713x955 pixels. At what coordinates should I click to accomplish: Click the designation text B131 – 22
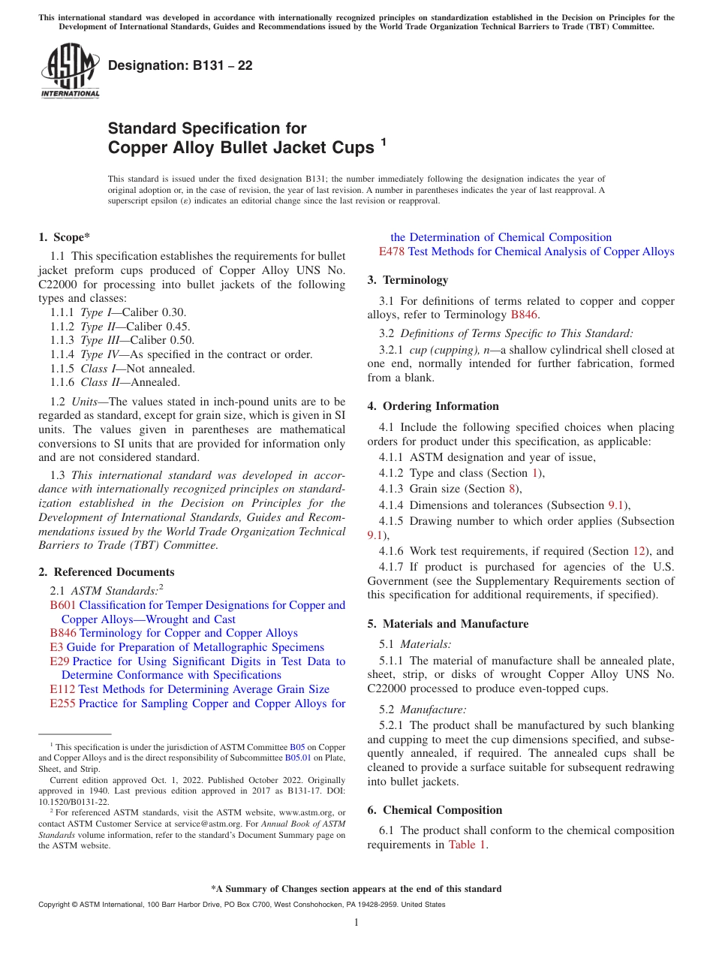coord(180,66)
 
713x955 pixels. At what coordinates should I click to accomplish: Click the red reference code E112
coord(62,689)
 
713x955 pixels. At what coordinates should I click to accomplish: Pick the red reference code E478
coord(392,252)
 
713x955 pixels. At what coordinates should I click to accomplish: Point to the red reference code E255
coord(62,703)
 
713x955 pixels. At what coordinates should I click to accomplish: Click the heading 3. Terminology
coord(408,280)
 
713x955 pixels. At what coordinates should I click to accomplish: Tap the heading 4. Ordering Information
coord(433,406)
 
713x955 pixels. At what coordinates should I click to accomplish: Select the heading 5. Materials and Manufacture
coord(447,624)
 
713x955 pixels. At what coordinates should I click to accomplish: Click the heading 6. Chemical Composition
coord(435,810)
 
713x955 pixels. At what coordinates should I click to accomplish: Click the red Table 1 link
coord(467,845)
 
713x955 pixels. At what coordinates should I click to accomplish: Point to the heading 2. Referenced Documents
coord(106,572)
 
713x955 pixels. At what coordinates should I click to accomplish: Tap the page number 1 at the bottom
coord(356,923)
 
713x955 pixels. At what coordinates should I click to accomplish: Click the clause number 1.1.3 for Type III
coord(63,340)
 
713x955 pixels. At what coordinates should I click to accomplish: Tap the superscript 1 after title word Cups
coord(384,140)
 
